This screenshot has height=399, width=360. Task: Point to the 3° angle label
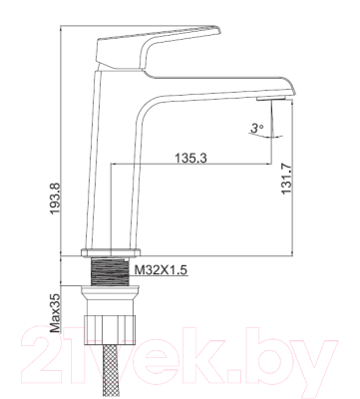point(256,128)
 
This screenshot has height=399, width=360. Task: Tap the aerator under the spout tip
point(265,102)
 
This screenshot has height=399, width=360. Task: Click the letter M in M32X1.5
point(138,269)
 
